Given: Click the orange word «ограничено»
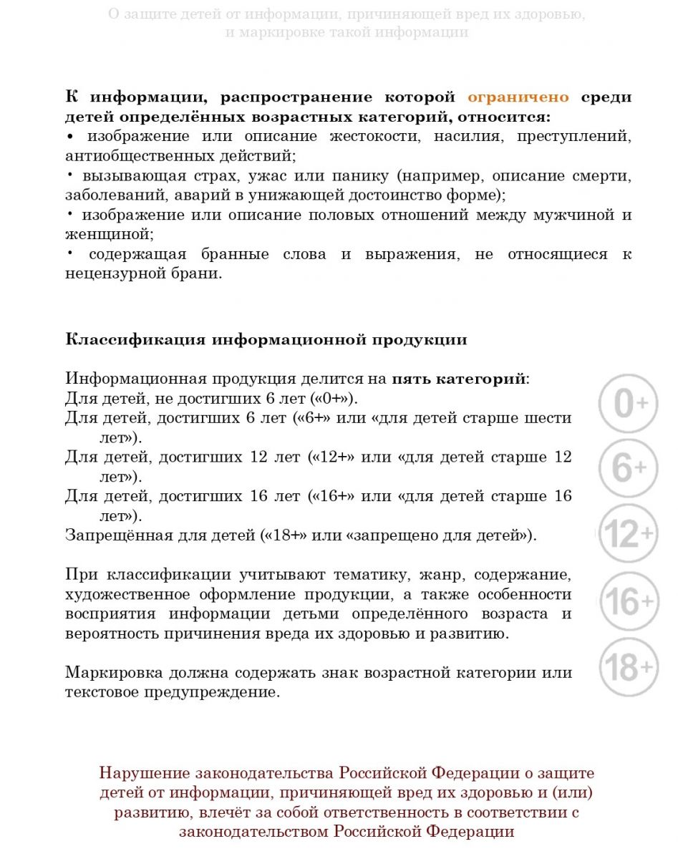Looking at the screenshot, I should [518, 97].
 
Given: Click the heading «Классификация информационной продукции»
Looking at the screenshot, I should [266, 339].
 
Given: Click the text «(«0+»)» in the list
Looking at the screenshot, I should [333, 398].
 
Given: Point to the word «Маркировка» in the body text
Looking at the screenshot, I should [111, 672].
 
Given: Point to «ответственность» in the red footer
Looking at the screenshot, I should [407, 812].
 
